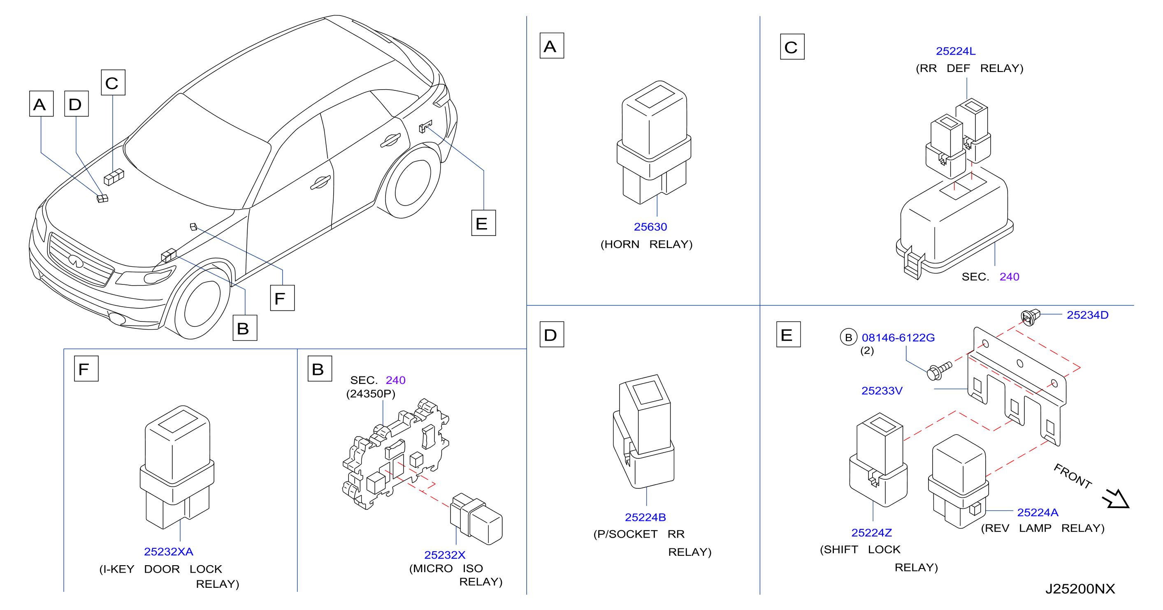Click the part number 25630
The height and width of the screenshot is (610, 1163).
click(650, 226)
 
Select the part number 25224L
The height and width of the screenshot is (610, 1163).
click(955, 51)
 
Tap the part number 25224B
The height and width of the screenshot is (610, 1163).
click(645, 517)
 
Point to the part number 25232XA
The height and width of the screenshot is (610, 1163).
click(168, 551)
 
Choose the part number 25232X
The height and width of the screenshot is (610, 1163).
click(444, 555)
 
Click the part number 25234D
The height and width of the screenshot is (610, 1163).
click(1087, 315)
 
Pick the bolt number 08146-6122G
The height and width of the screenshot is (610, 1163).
click(898, 337)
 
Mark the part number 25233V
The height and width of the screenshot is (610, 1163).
click(882, 391)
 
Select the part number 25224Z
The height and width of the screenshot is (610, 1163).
click(871, 533)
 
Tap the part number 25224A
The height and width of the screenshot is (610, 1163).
click(1038, 513)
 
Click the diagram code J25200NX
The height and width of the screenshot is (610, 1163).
click(1080, 589)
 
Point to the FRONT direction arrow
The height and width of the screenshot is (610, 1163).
click(1116, 499)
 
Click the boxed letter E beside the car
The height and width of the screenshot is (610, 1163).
click(483, 223)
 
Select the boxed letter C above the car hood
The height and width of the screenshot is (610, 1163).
click(113, 83)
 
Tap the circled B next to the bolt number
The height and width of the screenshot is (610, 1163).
click(848, 337)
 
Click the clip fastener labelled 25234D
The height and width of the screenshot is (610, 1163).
click(1030, 317)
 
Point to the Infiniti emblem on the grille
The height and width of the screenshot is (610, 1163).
click(76, 260)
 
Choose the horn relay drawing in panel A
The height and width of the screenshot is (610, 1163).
click(654, 143)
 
